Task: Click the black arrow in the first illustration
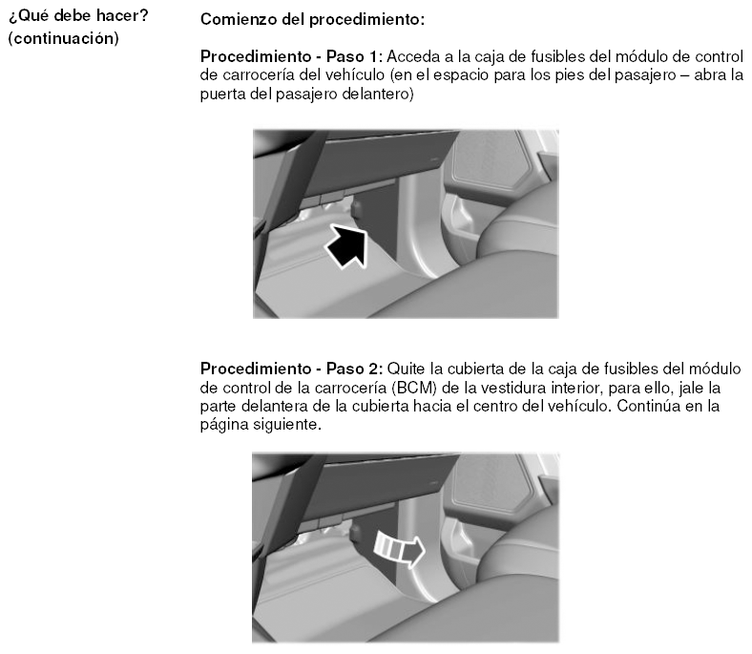coord(347,245)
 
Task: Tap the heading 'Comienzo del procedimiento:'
coord(312,20)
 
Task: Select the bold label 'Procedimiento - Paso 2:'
coord(292,369)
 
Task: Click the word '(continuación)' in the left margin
coord(63,38)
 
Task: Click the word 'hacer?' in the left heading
coord(123,16)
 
